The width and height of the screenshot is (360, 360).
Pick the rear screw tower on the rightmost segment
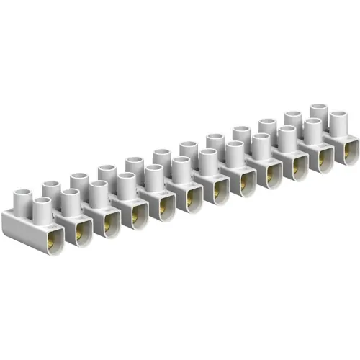click(x=319, y=112)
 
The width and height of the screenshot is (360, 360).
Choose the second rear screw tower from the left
click(x=78, y=181)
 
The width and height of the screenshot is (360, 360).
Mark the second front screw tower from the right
click(x=313, y=130)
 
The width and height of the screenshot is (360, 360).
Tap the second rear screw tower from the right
click(x=292, y=119)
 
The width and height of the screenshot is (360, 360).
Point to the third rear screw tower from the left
click(x=107, y=173)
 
